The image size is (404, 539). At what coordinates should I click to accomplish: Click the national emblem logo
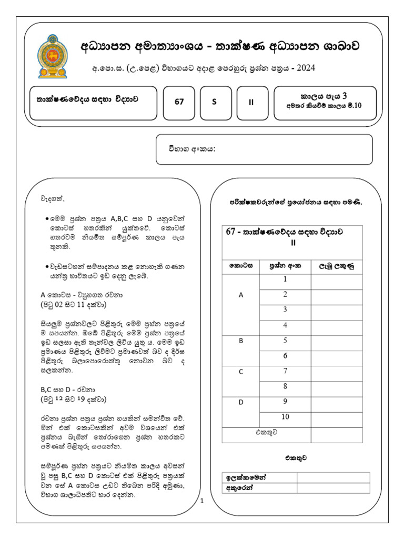tap(53, 56)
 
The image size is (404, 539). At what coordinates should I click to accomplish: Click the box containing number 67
tap(179, 103)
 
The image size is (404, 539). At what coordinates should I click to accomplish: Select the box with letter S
tap(215, 103)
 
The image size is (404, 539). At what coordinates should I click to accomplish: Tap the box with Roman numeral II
tap(251, 103)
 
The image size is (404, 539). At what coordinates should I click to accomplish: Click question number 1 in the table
tap(285, 280)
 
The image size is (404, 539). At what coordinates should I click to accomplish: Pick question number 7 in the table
tap(285, 371)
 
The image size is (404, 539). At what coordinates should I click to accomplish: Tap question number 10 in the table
tap(285, 417)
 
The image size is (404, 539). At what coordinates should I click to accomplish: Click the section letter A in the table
tap(241, 296)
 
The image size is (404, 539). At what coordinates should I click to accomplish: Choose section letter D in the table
tap(241, 402)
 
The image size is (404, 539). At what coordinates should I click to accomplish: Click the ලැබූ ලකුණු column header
tap(337, 266)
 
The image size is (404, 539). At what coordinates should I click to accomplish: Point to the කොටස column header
tap(241, 266)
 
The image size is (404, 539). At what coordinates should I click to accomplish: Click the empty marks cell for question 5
tap(337, 341)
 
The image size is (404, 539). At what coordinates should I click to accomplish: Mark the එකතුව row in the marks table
tap(266, 433)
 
